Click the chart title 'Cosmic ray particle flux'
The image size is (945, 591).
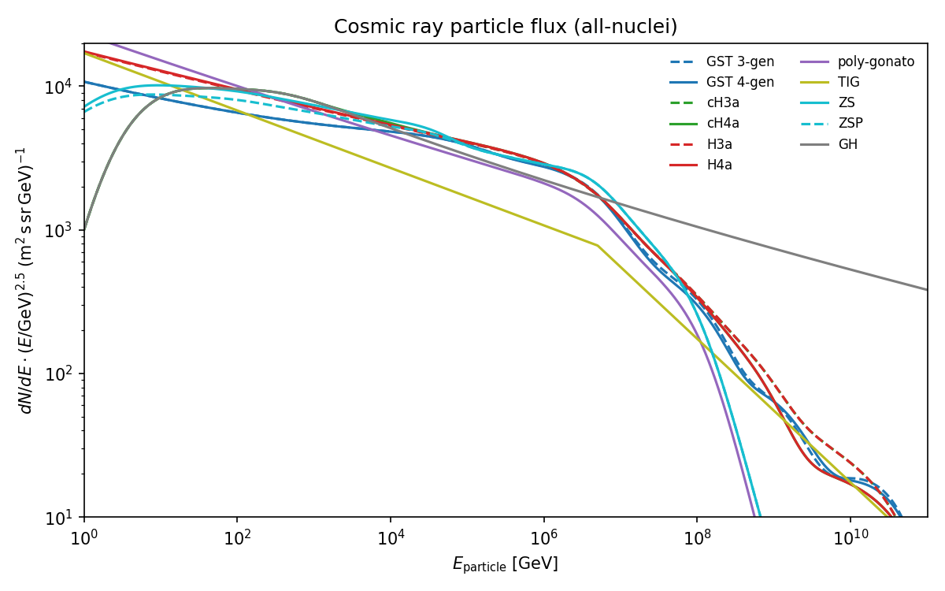506,27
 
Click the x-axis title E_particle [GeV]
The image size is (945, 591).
505,564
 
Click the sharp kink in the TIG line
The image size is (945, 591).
598,246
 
